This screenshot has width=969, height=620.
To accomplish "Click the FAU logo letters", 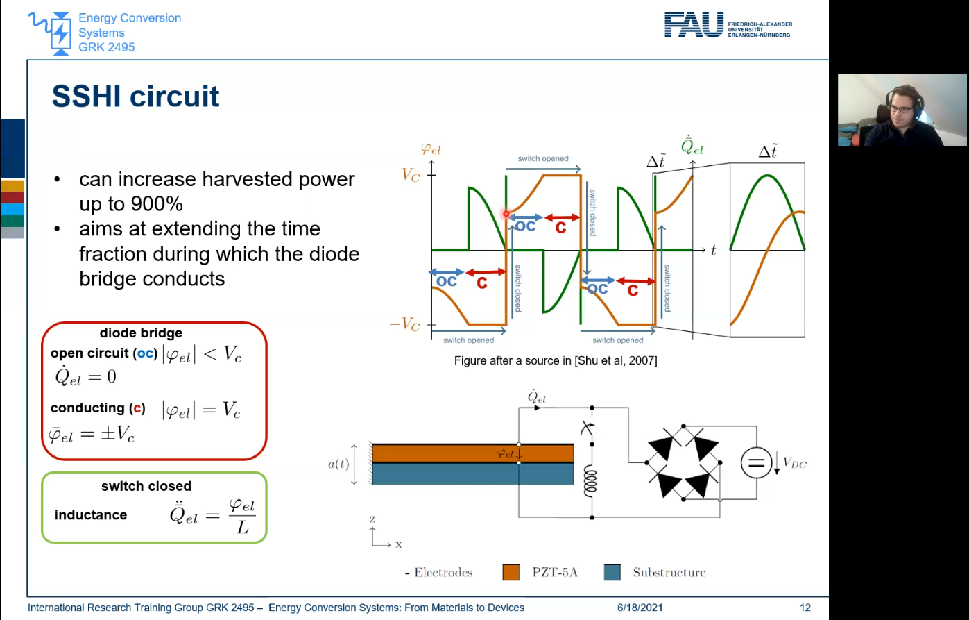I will [x=694, y=24].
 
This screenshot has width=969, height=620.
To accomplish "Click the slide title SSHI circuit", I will [x=135, y=97].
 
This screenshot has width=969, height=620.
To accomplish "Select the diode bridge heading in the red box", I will [x=141, y=333].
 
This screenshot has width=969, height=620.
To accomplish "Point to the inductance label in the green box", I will [x=91, y=515].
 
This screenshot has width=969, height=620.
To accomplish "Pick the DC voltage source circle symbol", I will [x=756, y=462].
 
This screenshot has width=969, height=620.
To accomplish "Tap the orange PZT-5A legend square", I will [x=511, y=572].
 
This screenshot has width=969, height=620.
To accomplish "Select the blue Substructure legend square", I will [x=612, y=572].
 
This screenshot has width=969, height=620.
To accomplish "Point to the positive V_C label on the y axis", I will [x=411, y=175].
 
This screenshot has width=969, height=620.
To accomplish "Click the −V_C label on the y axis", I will [x=406, y=324].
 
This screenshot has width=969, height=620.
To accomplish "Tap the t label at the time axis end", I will [x=713, y=251].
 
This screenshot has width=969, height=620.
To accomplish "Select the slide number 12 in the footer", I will [x=805, y=608].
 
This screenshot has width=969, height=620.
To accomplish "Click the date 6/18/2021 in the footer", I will [x=640, y=608].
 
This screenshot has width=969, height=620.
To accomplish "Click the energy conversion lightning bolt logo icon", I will [x=61, y=33].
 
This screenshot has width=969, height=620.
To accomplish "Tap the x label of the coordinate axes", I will [x=399, y=545].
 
